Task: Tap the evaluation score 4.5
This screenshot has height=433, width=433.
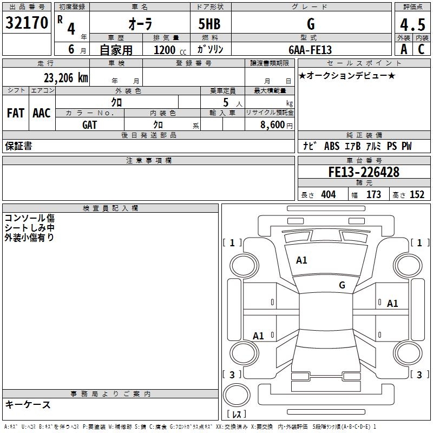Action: pyautogui.click(x=412, y=25)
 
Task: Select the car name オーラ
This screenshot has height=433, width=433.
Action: pyautogui.click(x=140, y=24)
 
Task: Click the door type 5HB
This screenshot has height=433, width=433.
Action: pyautogui.click(x=209, y=24)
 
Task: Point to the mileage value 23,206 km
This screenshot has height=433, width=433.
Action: pyautogui.click(x=65, y=77)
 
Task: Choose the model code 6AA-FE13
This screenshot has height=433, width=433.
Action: pyautogui.click(x=310, y=50)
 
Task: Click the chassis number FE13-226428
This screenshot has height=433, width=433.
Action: pyautogui.click(x=364, y=172)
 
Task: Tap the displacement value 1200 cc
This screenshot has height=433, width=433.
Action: pyautogui.click(x=168, y=50)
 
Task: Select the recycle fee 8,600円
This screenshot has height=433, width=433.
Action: pyautogui.click(x=276, y=124)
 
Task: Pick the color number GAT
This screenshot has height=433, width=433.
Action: pyautogui.click(x=90, y=124)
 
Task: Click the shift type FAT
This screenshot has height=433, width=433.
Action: pyautogui.click(x=15, y=113)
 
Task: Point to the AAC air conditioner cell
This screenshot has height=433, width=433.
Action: pyautogui.click(x=42, y=113)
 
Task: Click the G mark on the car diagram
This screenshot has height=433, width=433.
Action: pyautogui.click(x=342, y=285)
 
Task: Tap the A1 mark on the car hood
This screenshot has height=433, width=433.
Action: pyautogui.click(x=301, y=260)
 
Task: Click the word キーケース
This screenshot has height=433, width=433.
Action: pyautogui.click(x=28, y=404)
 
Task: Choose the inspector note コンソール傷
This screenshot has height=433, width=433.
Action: pyautogui.click(x=29, y=218)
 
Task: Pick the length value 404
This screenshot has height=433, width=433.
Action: pyautogui.click(x=328, y=195)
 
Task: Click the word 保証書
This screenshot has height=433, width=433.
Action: pyautogui.click(x=18, y=146)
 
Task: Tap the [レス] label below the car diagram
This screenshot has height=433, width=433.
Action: pyautogui.click(x=236, y=415)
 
